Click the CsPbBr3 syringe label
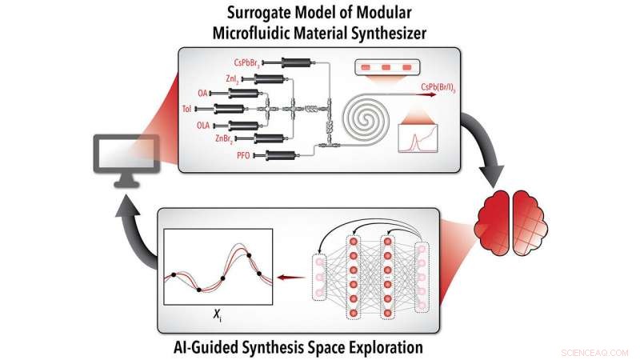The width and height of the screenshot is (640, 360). pos(247,63)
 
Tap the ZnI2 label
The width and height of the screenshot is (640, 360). pos(232,78)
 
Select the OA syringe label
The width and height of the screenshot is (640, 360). pos(203,94)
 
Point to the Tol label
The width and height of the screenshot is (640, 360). pos(187,109)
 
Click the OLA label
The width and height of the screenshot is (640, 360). pos(203,126)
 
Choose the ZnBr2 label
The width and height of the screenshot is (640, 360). pos(224,139)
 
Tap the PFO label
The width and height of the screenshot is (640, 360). pos(243,155)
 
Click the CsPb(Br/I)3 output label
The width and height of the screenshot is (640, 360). pos(438,87)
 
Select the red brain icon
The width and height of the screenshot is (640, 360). pos(513,223)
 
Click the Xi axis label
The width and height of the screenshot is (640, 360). pos(218,314)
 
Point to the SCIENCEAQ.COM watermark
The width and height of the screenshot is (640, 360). pos(594,353)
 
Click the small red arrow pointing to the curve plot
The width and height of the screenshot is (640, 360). pos(291,278)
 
